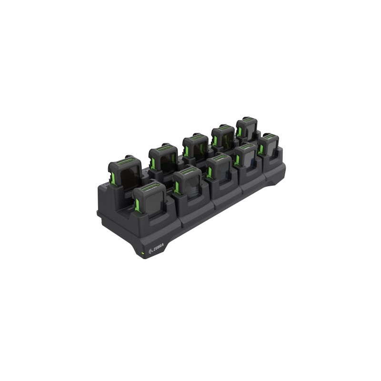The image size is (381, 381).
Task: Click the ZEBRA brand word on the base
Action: (159, 249)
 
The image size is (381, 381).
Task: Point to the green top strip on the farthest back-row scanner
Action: (247, 119)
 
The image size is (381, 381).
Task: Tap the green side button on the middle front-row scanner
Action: (210, 172)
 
